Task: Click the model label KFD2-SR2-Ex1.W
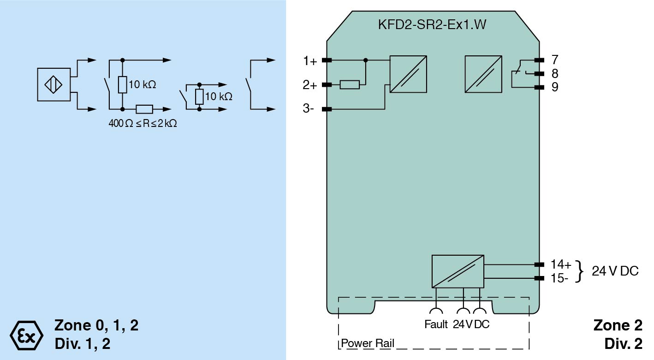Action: pos(432,25)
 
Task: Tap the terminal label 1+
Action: pos(310,61)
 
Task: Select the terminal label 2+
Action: pos(310,85)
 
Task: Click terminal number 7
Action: pos(555,60)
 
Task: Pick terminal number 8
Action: pos(555,73)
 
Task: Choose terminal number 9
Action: pos(555,87)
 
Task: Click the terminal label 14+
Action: pos(561,264)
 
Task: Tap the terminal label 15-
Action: pos(559,278)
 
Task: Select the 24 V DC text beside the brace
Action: pos(615,271)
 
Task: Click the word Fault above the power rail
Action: pos(436,324)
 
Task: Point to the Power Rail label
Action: pos(368,344)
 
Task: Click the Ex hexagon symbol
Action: pos(26,334)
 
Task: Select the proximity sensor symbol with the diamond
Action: pos(54,85)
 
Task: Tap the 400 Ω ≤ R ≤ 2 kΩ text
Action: pos(142,124)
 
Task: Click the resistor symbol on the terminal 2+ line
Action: pos(350,85)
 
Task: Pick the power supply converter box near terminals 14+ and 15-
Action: pos(458,271)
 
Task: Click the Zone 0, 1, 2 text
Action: pos(96,325)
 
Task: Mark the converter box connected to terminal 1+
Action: pos(408,74)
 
